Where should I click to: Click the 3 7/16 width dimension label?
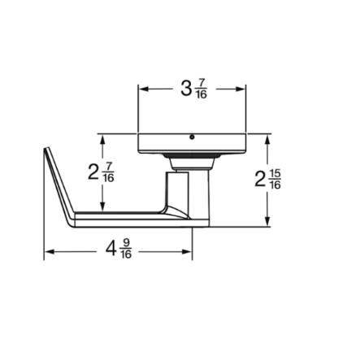193,89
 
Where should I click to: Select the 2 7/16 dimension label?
101,172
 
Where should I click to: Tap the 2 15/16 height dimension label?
268,180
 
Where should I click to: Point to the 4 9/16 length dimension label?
119,249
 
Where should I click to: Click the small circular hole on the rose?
192,137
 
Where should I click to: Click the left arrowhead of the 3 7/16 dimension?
143,89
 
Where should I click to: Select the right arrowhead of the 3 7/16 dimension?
241,89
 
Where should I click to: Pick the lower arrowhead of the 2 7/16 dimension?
102,207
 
